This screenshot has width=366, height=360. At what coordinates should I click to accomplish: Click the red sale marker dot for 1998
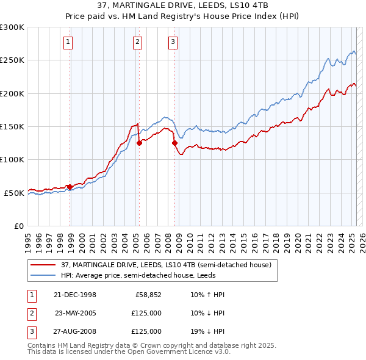pos(70,187)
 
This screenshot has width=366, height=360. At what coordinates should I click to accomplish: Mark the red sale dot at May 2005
pos(139,143)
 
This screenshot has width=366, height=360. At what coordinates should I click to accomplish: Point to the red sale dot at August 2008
pos(175,143)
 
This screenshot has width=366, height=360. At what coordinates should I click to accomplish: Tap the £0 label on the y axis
pos(18,226)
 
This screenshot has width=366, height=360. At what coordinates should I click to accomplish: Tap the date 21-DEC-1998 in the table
pos(75,295)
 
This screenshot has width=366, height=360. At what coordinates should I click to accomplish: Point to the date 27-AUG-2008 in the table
pos(76,331)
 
